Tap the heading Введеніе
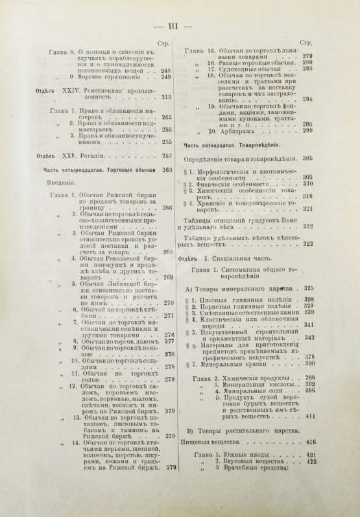click(69, 183)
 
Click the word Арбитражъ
click(230, 130)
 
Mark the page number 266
click(165, 208)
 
